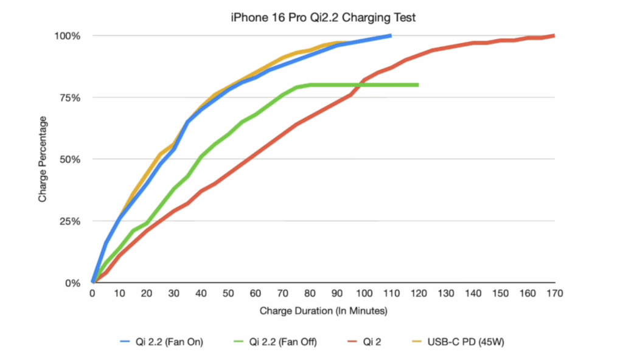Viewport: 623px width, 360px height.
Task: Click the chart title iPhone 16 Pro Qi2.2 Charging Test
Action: [x=323, y=18]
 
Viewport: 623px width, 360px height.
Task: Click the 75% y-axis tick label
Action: [x=69, y=98]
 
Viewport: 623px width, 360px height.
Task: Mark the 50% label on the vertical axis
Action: [x=69, y=159]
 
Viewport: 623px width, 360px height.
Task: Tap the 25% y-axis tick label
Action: [x=69, y=221]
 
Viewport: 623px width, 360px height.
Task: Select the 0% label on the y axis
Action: [x=72, y=283]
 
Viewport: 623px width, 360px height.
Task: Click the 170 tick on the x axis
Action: [x=555, y=294]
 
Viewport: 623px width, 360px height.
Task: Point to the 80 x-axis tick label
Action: [x=310, y=294]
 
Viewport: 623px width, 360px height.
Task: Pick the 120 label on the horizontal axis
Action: [x=419, y=294]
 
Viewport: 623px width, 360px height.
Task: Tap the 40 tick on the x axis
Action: [x=201, y=294]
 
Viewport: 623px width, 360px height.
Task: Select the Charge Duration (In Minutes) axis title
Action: [x=323, y=311]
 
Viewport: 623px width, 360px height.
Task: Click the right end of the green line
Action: [x=418, y=85]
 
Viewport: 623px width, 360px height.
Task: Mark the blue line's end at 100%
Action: [x=391, y=36]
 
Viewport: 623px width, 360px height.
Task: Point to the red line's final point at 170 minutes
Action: [x=554, y=36]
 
